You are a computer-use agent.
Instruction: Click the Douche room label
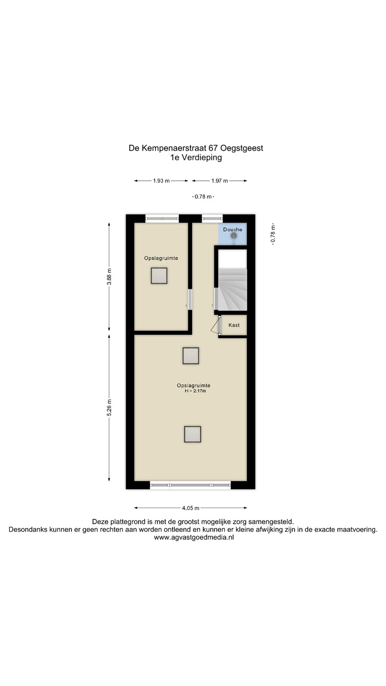(233, 230)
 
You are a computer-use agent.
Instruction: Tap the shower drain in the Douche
(234, 235)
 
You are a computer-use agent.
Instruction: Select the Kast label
(234, 325)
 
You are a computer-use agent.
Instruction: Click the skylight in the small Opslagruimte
(159, 276)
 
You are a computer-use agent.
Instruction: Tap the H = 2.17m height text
(195, 391)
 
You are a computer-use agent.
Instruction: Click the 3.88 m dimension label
(109, 277)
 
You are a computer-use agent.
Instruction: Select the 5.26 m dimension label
(109, 408)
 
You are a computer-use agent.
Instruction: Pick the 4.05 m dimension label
(191, 508)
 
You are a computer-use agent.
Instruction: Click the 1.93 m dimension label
(161, 181)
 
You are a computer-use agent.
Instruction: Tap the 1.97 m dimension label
(220, 181)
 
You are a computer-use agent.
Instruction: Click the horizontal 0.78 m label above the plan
(203, 197)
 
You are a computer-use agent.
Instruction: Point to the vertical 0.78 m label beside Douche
(273, 234)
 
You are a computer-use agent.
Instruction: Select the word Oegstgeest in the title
(242, 149)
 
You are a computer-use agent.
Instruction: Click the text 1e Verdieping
(196, 158)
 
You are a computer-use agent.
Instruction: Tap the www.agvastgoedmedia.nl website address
(193, 537)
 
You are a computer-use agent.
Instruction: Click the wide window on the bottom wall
(190, 485)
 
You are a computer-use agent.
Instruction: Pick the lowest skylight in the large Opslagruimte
(193, 434)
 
